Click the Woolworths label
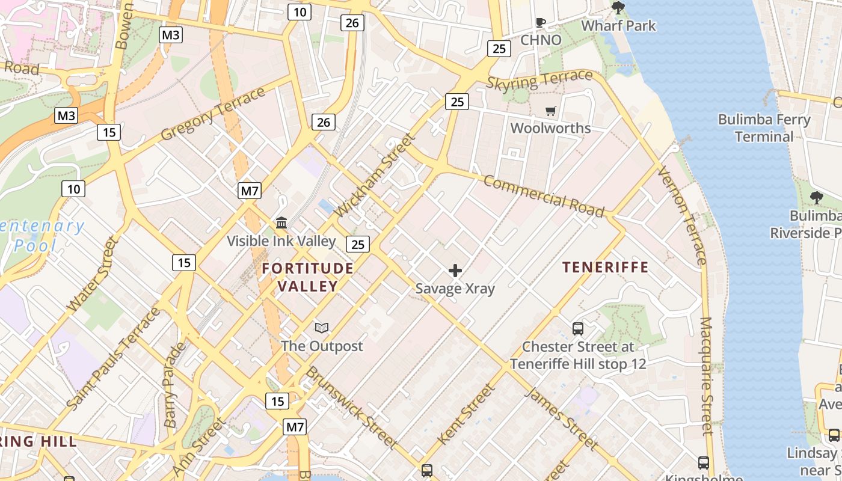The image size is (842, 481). point(550,128)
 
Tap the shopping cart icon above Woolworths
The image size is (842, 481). point(550,111)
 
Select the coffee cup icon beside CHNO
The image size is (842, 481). point(541,23)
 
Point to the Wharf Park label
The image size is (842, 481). point(618,26)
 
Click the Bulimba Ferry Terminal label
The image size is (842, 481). point(764,128)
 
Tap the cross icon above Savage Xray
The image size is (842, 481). point(455,271)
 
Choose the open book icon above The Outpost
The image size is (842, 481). point(322,328)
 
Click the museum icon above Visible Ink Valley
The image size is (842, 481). point(281,223)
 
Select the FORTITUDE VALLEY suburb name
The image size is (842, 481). point(308,277)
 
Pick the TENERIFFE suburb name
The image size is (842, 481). point(605,267)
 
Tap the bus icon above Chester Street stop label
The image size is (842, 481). point(578,329)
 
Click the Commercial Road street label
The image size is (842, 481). point(544,197)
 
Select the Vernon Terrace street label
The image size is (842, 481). point(682,215)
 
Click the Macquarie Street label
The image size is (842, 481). point(707,376)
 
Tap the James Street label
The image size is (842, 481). point(562,419)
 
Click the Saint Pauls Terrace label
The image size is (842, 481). point(114,359)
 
